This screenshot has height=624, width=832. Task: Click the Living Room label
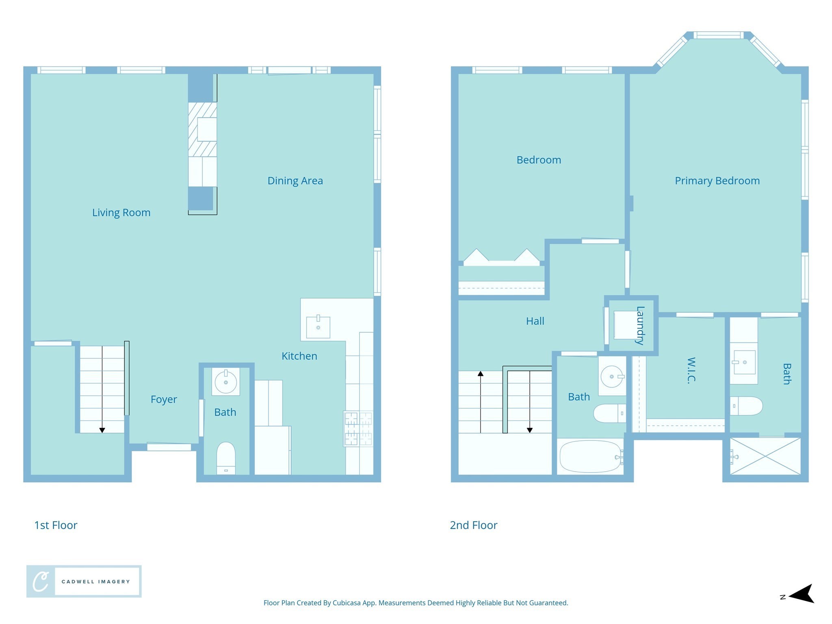point(121,212)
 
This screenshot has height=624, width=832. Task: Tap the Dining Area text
point(295,181)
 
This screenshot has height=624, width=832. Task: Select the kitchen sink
point(318,327)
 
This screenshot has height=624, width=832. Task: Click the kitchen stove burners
point(358,429)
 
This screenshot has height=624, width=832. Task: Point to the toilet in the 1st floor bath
point(226,458)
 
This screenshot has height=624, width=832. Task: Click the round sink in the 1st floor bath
point(225,382)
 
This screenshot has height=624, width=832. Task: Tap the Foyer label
point(164,399)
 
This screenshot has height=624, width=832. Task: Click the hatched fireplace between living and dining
point(202,129)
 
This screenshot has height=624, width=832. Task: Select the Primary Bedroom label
point(717,181)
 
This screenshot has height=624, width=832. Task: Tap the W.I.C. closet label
point(691,370)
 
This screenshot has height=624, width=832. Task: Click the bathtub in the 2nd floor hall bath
point(590,457)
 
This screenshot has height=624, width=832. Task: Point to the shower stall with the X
point(765,456)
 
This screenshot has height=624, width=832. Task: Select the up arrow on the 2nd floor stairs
point(481,374)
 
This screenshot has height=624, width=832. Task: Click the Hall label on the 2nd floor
point(535,321)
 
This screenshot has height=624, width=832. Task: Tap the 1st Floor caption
point(56,525)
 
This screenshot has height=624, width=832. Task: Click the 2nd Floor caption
point(473,525)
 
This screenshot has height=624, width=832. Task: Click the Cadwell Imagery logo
point(84,581)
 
